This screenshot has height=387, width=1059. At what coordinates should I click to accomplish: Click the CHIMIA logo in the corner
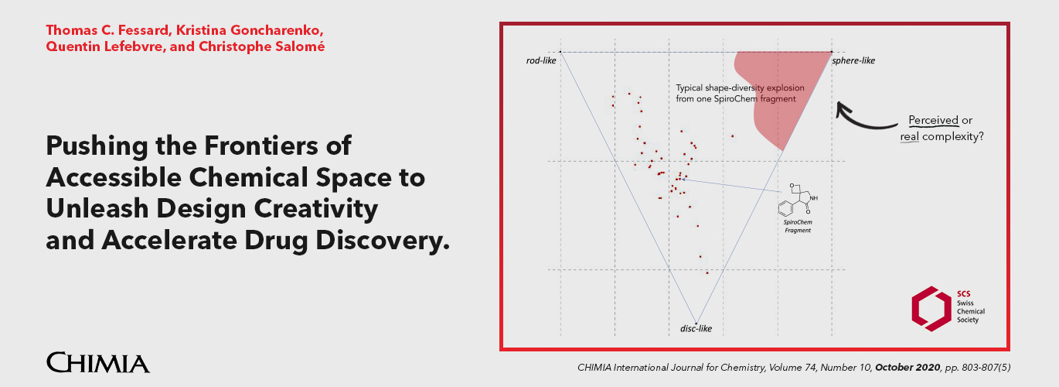(97, 362)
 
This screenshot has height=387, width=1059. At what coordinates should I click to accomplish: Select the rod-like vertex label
(540, 60)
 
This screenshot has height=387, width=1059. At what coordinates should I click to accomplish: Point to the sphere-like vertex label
(854, 60)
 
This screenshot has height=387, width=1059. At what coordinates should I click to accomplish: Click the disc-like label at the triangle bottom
(696, 329)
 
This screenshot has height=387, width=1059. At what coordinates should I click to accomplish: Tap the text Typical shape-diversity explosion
(734, 88)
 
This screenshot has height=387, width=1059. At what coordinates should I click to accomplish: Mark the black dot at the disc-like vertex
(696, 324)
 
